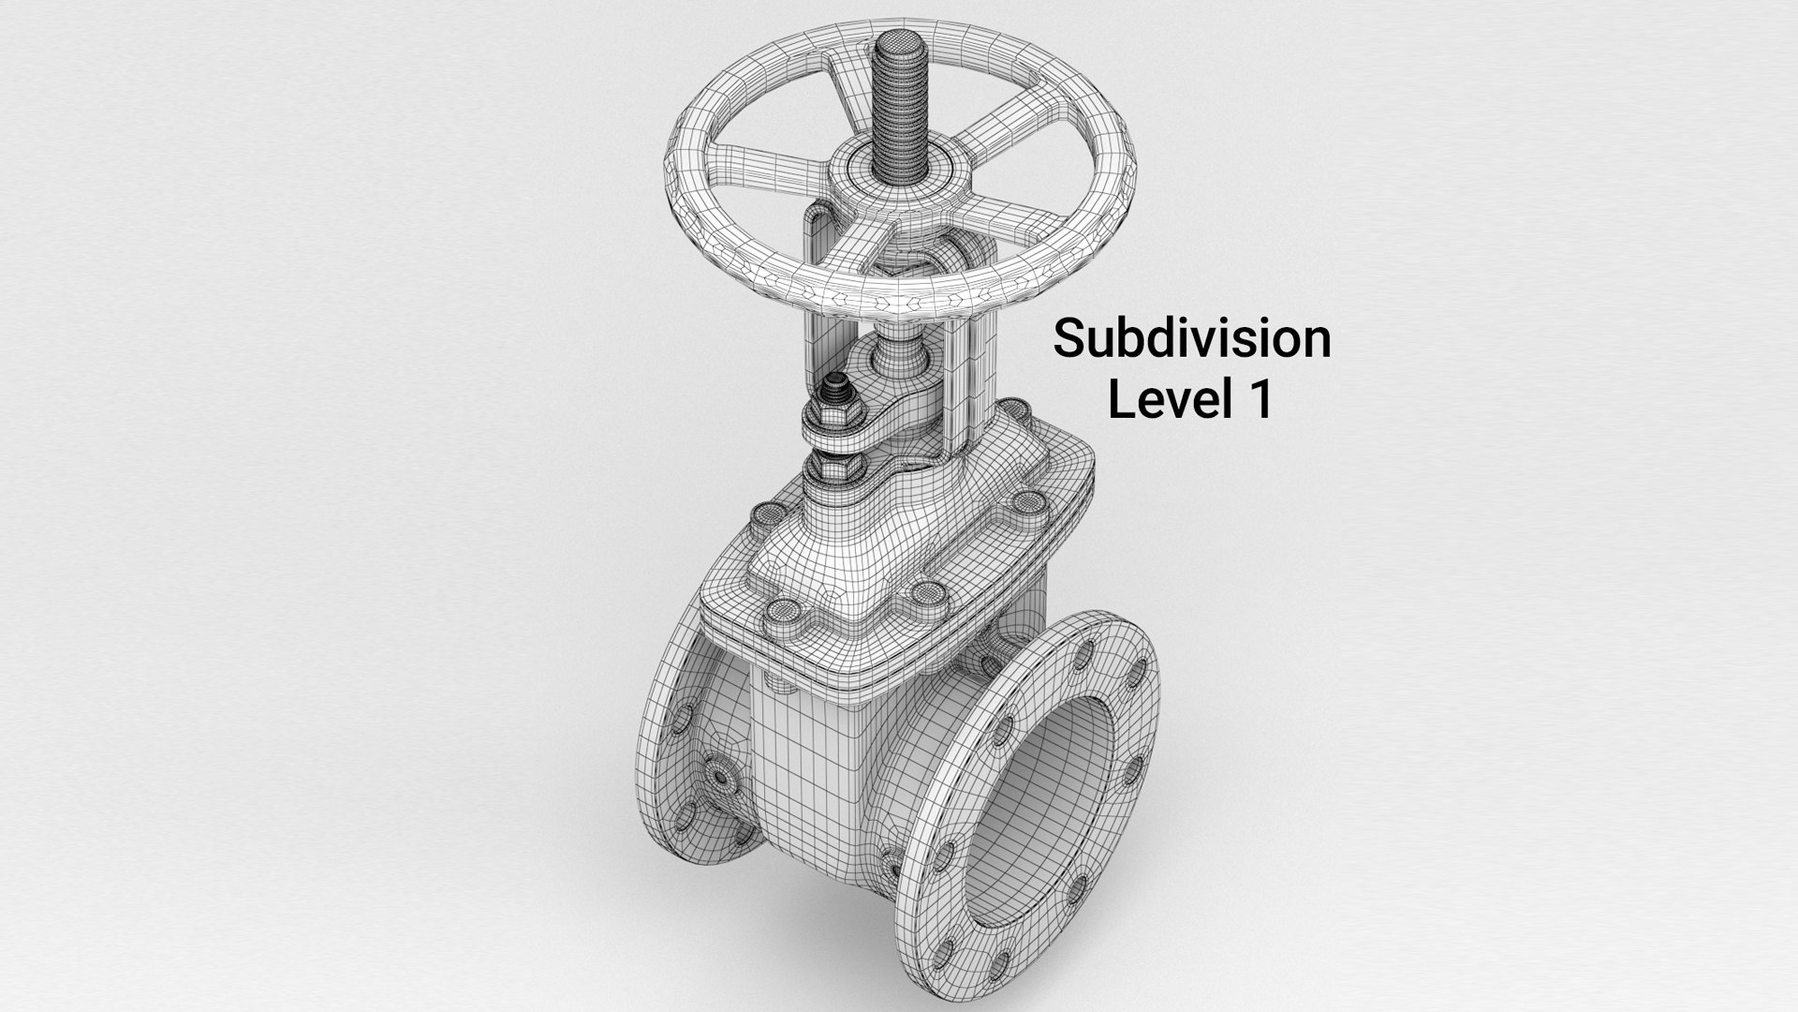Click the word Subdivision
pos(1191,339)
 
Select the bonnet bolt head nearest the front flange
pos(928,591)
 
